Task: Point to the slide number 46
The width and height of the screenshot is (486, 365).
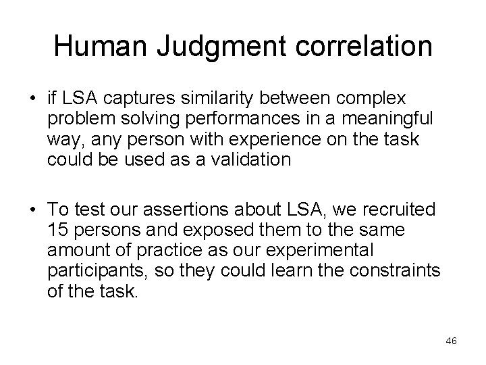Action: (x=451, y=341)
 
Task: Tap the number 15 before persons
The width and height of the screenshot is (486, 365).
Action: (x=59, y=230)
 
